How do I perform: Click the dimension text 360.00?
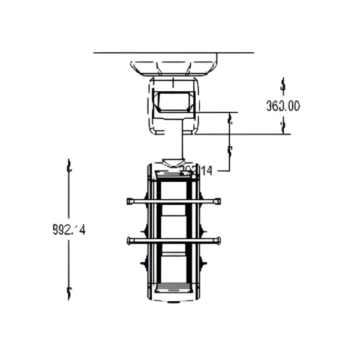tap(283, 106)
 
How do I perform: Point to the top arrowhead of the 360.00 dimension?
tap(283, 83)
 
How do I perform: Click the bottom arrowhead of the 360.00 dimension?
tap(283, 125)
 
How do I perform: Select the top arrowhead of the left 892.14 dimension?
tap(70, 165)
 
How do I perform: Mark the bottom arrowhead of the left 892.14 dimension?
tap(70, 293)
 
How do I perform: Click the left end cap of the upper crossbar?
tap(130, 202)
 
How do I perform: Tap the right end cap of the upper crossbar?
tap(218, 202)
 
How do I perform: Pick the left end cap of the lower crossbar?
tap(130, 241)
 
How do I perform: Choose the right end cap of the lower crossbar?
tap(218, 241)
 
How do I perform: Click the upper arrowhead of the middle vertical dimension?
tap(230, 119)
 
